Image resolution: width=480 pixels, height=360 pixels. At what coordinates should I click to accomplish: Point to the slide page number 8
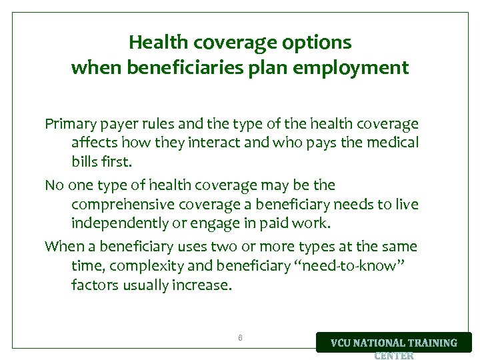coord(240,338)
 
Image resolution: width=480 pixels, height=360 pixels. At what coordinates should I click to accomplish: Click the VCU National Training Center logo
coord(394,344)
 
